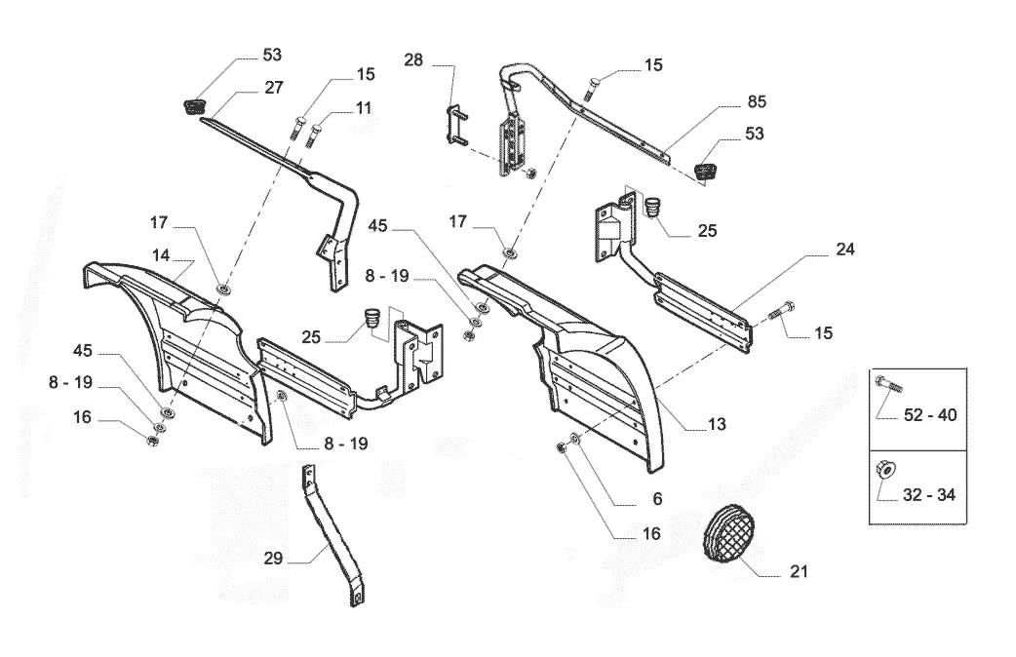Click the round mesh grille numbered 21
[x=729, y=532]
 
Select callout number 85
[x=757, y=101]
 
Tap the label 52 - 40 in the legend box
[x=930, y=414]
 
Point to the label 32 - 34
[x=929, y=495]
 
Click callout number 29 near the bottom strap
[x=273, y=559]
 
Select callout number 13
[x=717, y=424]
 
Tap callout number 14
[x=161, y=255]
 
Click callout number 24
[x=845, y=250]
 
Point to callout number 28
[x=413, y=60]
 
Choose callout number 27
[x=274, y=88]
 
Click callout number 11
[x=364, y=108]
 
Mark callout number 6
[x=657, y=499]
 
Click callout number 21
[x=799, y=571]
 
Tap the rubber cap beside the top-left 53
[x=191, y=105]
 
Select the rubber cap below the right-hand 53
[x=707, y=172]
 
